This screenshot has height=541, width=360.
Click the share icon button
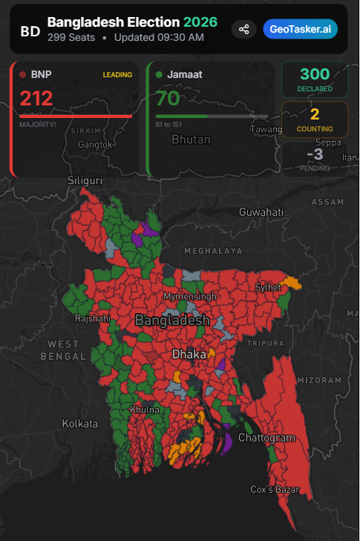point(243,29)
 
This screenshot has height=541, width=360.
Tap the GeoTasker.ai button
point(300,29)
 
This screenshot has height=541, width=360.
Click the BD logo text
point(30,31)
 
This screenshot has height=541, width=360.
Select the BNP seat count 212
point(36,98)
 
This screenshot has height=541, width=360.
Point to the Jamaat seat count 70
point(168,98)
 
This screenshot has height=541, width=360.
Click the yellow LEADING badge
point(117,74)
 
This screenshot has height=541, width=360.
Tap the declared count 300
point(315,75)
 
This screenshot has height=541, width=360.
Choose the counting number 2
point(315,114)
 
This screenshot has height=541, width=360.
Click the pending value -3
point(315,154)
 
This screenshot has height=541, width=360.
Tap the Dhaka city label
point(189,355)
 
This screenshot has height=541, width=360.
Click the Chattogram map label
point(266,438)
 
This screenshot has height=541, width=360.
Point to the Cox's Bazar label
point(275,490)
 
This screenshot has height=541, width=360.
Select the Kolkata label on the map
point(79,424)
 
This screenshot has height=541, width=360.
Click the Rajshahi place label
point(93,318)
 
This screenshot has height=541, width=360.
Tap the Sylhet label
point(268,287)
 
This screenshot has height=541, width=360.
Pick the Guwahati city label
point(261,212)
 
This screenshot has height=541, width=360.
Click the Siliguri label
point(85,180)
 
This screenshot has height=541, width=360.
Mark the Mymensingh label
point(190,297)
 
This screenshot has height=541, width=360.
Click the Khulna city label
point(144,410)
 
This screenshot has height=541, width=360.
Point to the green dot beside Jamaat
point(159,74)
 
